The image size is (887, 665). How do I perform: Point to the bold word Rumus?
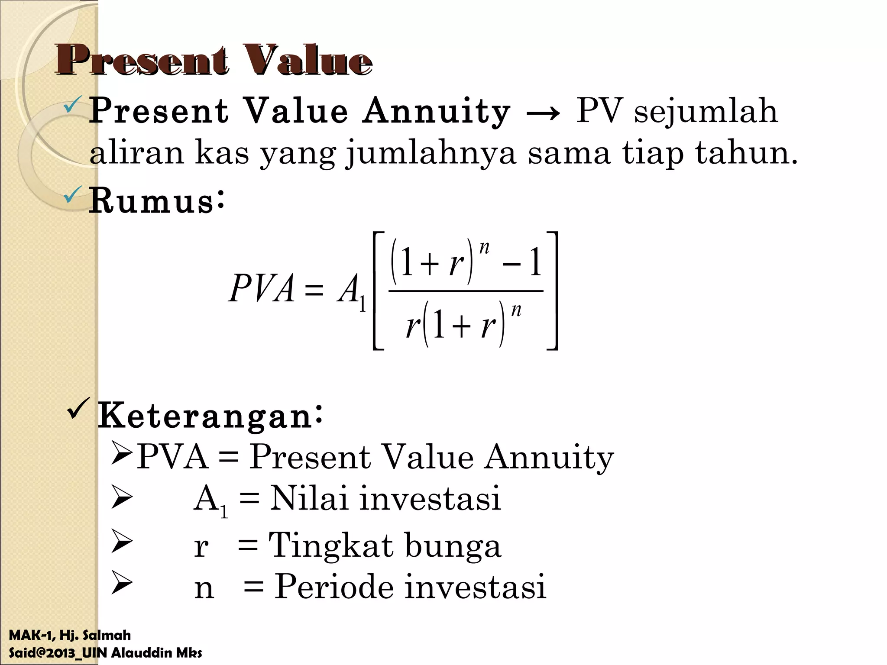pyautogui.click(x=151, y=201)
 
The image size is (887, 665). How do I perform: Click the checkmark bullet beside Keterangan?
pyautogui.click(x=79, y=409)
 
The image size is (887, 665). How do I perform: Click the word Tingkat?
pyautogui.click(x=331, y=546)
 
